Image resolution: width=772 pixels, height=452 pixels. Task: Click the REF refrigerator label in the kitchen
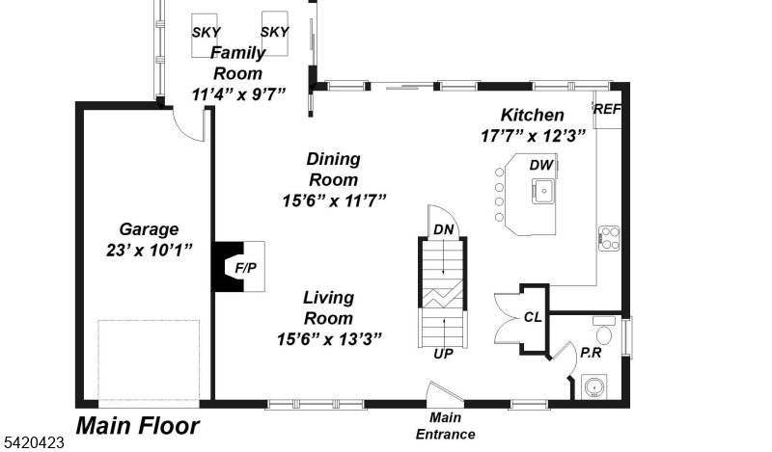607,109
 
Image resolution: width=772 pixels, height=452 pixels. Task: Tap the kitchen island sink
543,191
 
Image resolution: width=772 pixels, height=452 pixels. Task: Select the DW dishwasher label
541,165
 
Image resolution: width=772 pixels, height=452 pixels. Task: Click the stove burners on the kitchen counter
609,238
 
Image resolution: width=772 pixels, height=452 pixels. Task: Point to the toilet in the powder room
604,331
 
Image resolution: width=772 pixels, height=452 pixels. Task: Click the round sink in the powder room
594,387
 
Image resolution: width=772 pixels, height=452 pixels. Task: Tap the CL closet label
533,318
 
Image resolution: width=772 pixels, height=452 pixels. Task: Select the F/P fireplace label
246,268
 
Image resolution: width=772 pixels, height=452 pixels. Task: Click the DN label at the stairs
444,229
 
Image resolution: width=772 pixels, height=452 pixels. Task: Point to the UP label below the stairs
444,354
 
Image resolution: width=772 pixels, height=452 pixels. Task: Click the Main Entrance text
446,426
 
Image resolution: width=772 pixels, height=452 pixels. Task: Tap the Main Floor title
138,426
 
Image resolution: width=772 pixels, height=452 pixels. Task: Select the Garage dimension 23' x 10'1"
150,251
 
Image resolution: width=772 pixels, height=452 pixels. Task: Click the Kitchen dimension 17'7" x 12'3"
534,136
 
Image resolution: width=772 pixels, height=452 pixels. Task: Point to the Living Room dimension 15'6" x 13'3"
329,339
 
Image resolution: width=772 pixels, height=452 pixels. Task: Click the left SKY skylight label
207,33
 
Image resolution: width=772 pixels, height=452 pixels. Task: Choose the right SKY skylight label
275,32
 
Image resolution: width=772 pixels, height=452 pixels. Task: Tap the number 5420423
33,442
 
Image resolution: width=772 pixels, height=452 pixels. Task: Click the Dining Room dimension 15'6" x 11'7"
334,201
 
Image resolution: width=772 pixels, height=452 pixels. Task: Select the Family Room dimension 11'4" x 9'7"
238,94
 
